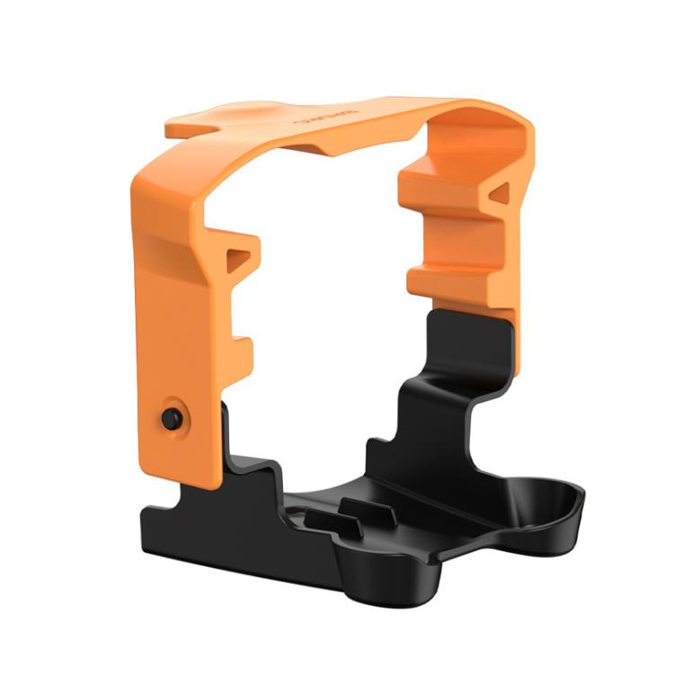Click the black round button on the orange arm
coord(170,417)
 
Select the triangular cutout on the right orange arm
coord(501,192)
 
